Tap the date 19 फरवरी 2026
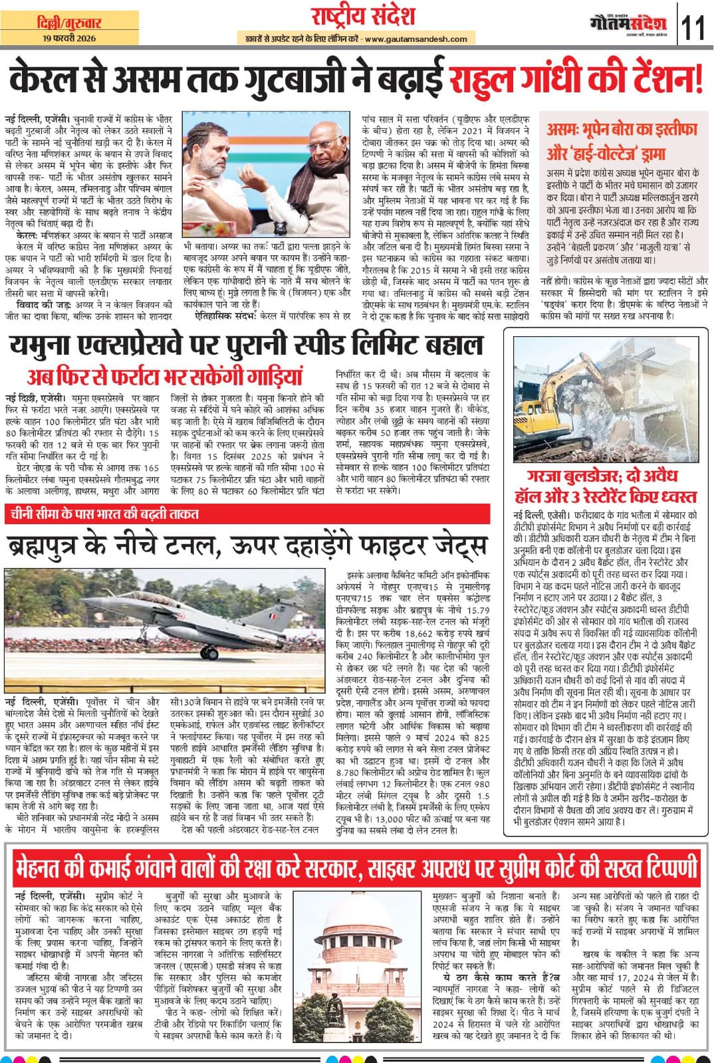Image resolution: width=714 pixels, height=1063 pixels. [x=68, y=39]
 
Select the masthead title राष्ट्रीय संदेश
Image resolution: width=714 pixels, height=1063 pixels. [x=362, y=16]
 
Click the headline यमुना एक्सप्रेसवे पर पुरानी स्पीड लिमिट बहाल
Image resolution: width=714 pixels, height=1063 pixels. [x=246, y=345]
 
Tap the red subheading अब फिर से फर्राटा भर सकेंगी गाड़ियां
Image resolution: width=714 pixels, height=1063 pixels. [x=165, y=376]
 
